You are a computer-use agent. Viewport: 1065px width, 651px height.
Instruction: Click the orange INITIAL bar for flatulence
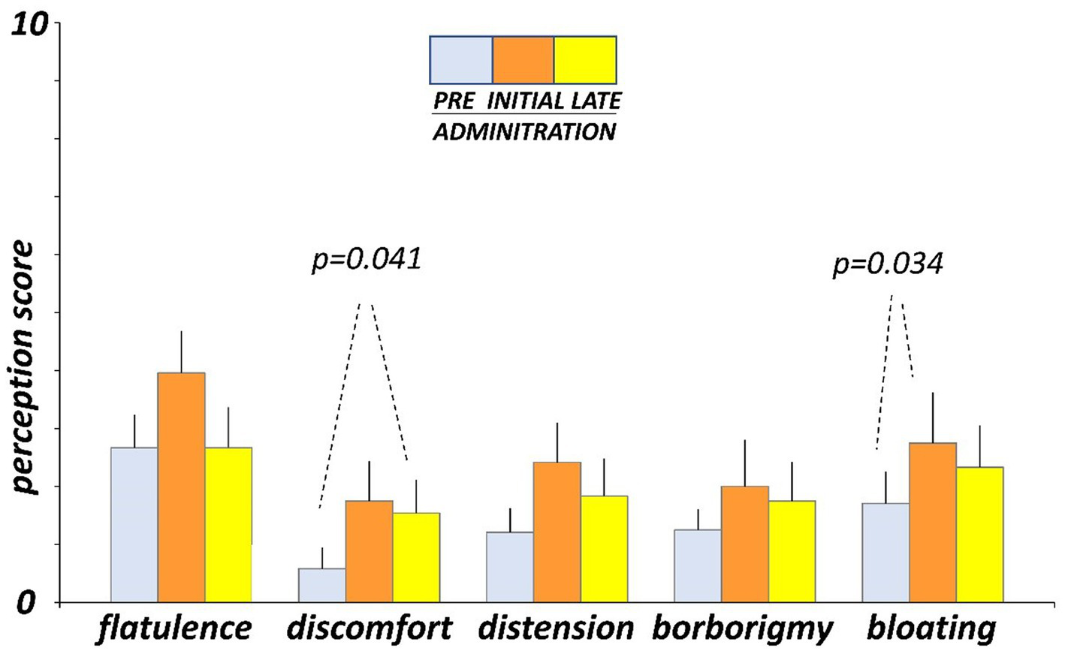181,487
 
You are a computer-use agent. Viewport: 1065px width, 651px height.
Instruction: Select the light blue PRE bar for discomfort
322,585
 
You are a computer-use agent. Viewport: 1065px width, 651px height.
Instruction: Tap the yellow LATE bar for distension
604,549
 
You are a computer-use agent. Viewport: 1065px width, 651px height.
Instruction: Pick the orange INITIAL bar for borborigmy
745,544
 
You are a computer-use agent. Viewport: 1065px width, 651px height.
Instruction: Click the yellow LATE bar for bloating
979,535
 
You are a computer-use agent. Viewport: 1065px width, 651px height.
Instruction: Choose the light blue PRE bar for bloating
885,553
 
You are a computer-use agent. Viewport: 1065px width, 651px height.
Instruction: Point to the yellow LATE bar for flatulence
228,525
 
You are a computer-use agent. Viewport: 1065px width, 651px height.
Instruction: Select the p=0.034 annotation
888,264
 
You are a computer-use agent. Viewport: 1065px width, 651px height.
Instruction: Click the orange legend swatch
523,59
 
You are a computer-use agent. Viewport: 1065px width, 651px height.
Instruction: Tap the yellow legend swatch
585,59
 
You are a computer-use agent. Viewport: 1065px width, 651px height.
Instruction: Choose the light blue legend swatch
461,59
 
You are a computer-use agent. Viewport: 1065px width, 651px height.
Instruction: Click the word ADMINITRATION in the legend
525,132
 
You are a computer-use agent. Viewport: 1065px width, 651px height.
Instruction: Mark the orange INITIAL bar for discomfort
369,551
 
